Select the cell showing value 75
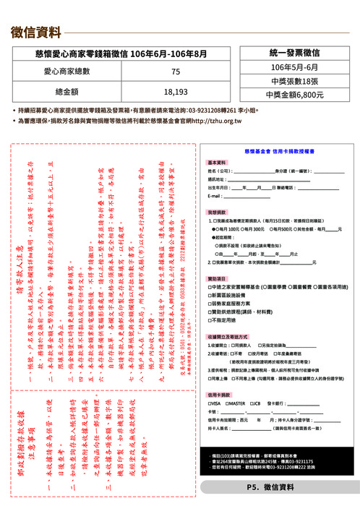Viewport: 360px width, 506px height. pos(176,72)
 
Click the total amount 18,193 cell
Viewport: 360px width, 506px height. pos(176,92)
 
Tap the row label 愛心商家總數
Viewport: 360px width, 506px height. pos(72,72)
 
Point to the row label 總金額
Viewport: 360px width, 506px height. pos(72,92)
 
